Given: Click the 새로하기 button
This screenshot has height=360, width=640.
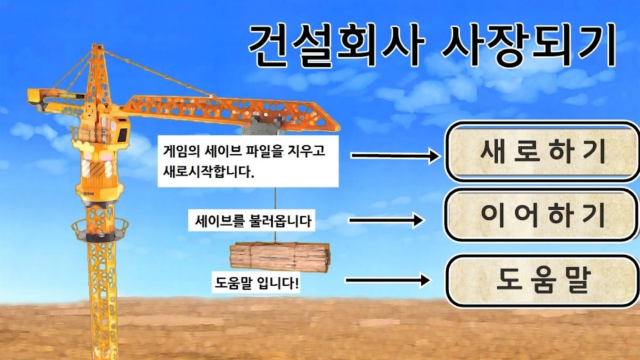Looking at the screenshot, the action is click(x=542, y=151).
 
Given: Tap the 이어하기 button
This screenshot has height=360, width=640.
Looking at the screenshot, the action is click(x=542, y=215).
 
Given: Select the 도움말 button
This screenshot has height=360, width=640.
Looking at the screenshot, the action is click(x=542, y=281).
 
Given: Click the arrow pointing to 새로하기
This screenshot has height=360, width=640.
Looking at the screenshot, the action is click(x=395, y=155).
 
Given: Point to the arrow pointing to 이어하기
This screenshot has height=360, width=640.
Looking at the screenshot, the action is click(x=386, y=220).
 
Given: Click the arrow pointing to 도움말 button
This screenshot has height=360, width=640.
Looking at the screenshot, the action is click(x=387, y=280).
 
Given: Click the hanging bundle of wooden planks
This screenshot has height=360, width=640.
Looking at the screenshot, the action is click(x=280, y=256).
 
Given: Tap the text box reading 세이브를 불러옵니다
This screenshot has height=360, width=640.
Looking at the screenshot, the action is click(x=251, y=221).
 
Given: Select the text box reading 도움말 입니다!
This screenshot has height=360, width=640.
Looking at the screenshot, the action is click(x=256, y=282).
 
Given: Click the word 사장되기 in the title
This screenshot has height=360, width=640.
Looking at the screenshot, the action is click(x=529, y=45).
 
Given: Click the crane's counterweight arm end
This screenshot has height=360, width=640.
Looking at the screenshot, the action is click(x=36, y=98).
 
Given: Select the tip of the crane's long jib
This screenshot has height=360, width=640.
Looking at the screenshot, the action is click(x=338, y=125).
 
